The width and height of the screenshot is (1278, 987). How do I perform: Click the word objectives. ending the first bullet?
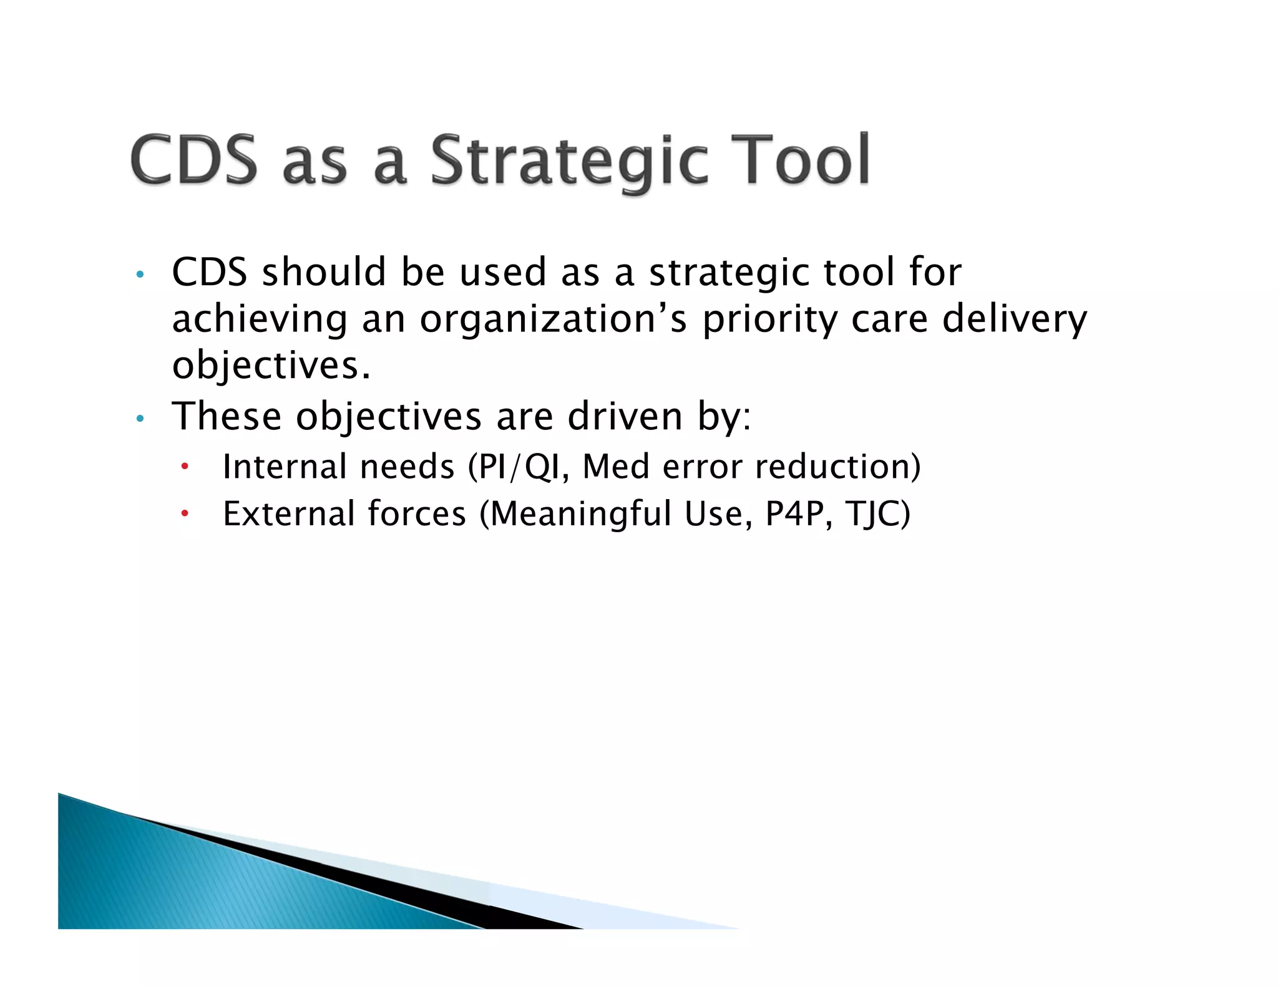coord(271,366)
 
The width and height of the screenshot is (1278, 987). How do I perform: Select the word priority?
coord(769,320)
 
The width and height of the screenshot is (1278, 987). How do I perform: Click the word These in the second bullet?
coord(226,416)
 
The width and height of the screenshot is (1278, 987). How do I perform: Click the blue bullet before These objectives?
coord(140,419)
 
